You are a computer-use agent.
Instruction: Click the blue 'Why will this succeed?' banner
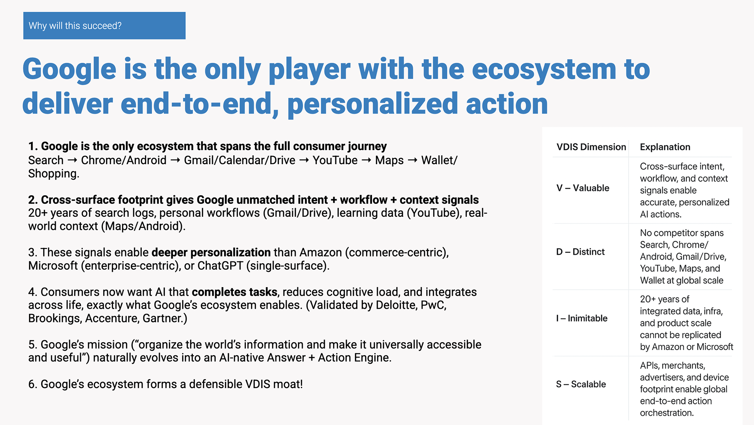coord(104,26)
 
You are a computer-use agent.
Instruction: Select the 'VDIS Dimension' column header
coord(591,147)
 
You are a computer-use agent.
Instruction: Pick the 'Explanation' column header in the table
coord(665,147)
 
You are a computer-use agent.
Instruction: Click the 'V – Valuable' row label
coord(583,188)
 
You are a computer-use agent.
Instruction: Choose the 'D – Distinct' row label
coord(580,252)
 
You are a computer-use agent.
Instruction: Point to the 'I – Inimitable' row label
coord(582,318)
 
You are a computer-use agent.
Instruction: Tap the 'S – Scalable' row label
coord(581,384)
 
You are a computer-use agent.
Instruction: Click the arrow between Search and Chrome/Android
coord(72,160)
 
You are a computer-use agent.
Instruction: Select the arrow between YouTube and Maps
coord(366,160)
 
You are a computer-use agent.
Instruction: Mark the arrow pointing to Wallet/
coord(413,160)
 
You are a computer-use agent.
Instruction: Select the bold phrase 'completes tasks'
coord(234,292)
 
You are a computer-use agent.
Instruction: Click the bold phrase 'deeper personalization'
coord(211,253)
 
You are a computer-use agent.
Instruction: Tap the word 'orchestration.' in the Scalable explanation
coord(667,413)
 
